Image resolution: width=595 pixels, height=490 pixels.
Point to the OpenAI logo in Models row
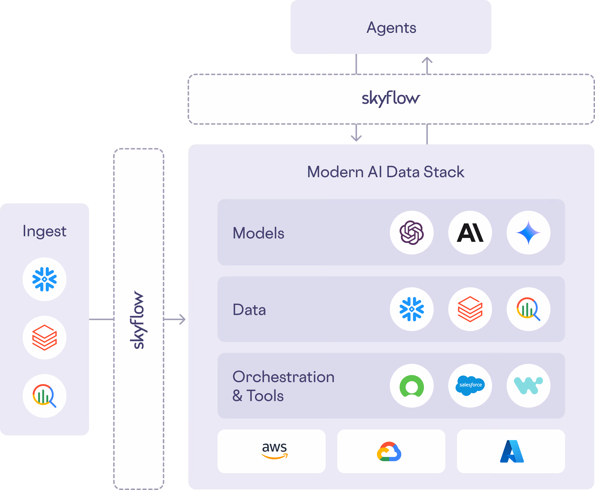click(x=412, y=233)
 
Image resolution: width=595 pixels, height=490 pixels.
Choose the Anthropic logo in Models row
click(x=470, y=233)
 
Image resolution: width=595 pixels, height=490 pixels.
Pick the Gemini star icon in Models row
click(x=528, y=233)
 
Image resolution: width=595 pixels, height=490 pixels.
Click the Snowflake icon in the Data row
click(x=412, y=309)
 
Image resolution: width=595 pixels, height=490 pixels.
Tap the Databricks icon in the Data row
click(x=470, y=309)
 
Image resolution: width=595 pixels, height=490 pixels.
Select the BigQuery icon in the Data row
click(x=528, y=309)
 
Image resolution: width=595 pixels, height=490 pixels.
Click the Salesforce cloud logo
click(x=470, y=385)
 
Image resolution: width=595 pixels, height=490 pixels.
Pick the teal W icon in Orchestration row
click(x=528, y=386)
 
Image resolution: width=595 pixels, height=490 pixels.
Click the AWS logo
click(x=274, y=451)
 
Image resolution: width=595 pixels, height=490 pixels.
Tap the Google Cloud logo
click(x=389, y=452)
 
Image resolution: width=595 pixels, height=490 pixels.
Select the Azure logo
click(x=512, y=451)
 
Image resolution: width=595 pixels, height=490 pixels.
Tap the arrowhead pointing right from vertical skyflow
click(x=184, y=319)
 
